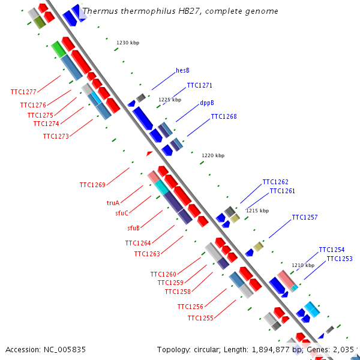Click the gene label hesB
click(x=182, y=70)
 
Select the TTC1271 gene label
click(x=199, y=85)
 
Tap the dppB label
click(x=207, y=103)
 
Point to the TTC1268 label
click(x=224, y=116)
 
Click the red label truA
click(x=113, y=203)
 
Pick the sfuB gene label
click(x=133, y=228)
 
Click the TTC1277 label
click(x=23, y=92)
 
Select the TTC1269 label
click(x=92, y=185)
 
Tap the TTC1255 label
click(x=200, y=318)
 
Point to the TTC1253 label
click(x=340, y=259)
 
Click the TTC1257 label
click(x=305, y=217)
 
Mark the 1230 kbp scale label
click(x=128, y=43)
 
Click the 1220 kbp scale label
click(x=213, y=155)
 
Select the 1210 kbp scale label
click(x=303, y=265)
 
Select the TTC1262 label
click(x=275, y=182)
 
